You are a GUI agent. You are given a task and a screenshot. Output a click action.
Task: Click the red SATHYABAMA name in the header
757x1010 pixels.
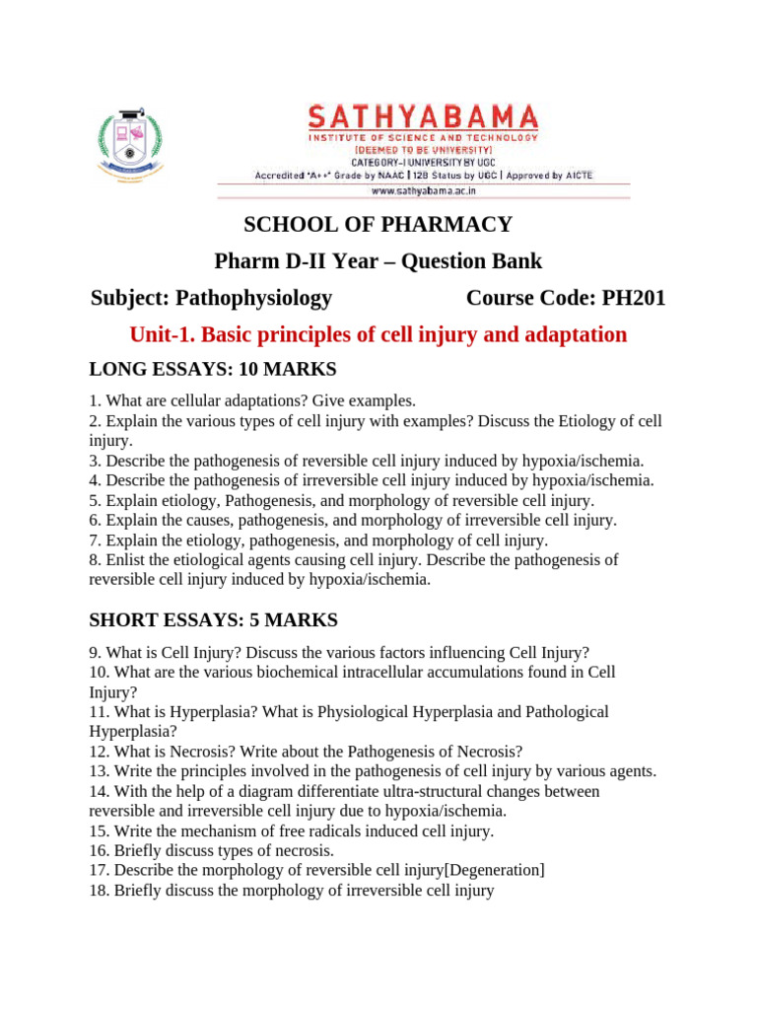pos(423,117)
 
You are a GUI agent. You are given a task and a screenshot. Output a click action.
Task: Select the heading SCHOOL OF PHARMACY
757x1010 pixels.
pos(378,225)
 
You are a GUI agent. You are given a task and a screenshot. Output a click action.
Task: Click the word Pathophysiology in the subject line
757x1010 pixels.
pos(253,298)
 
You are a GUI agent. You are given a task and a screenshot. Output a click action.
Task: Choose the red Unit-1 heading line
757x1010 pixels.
pos(378,334)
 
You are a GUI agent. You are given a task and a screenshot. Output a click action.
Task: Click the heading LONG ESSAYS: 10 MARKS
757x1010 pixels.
pos(213,370)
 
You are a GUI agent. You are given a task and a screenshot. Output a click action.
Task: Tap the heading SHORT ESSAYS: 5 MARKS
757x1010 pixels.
pos(213,620)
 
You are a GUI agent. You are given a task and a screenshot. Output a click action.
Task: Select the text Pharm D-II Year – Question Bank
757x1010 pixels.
pos(378,261)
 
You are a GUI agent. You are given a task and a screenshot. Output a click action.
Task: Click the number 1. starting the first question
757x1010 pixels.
pos(95,401)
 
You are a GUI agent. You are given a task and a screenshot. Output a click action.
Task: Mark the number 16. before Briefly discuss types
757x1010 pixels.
pos(100,850)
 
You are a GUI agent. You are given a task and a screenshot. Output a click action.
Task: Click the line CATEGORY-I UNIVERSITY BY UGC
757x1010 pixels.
pos(424,161)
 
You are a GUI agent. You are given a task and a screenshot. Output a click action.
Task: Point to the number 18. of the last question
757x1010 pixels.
pos(100,890)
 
